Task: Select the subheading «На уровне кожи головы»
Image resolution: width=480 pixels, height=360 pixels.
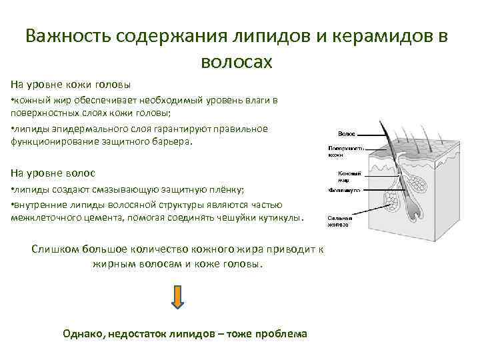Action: (x=71, y=85)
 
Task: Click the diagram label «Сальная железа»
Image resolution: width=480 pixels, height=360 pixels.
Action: (x=339, y=222)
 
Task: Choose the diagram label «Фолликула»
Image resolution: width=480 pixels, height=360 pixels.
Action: (x=344, y=191)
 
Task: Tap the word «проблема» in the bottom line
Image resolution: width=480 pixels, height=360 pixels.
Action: (x=280, y=333)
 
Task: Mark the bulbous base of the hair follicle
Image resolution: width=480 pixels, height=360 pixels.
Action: (x=415, y=212)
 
